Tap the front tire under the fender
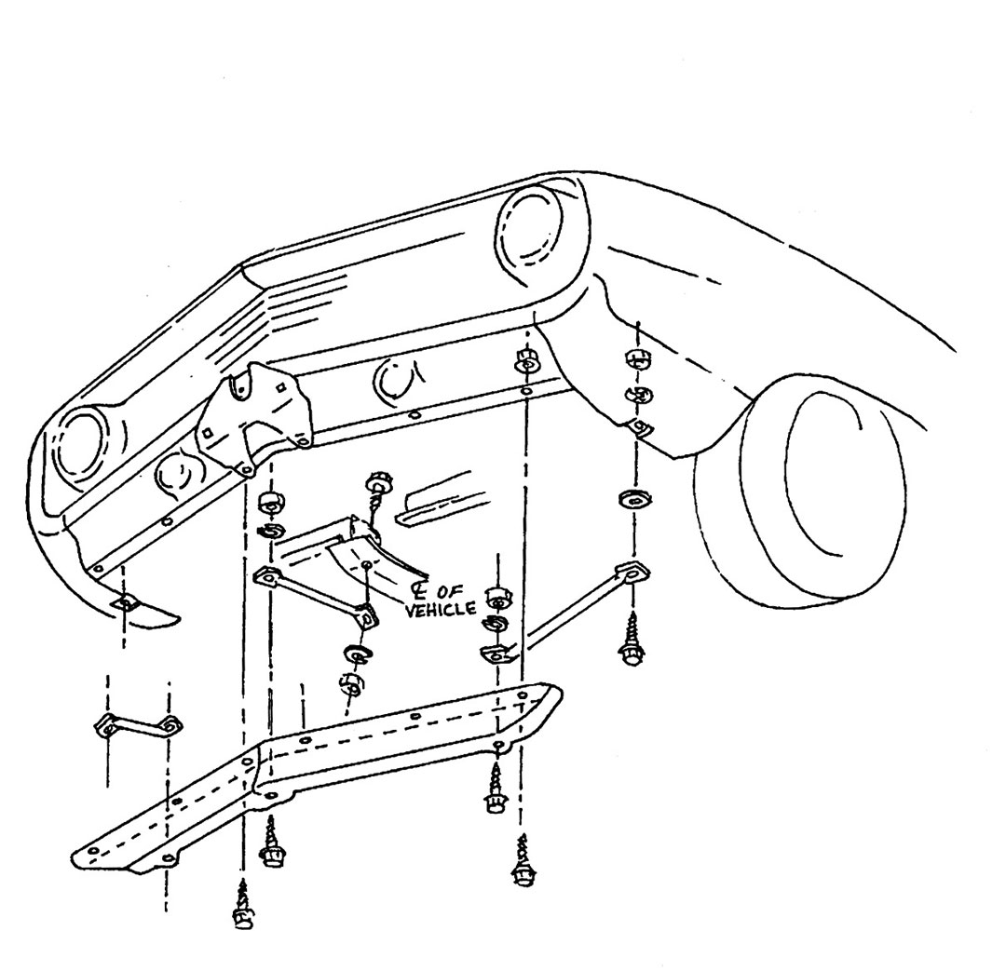click(799, 491)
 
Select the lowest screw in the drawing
click(243, 904)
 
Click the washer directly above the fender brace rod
click(635, 498)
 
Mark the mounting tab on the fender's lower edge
click(639, 425)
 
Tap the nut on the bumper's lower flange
click(526, 364)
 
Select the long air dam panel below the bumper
click(318, 776)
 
